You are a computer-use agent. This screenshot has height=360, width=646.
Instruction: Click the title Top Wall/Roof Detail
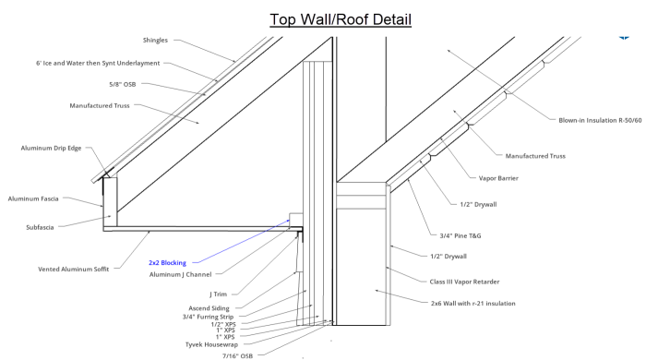pyautogui.click(x=341, y=19)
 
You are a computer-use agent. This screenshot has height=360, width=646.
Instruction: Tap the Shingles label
pyautogui.click(x=155, y=40)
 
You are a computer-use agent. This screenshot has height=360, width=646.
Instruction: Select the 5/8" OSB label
pyautogui.click(x=123, y=84)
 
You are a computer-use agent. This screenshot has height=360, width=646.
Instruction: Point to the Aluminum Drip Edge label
pyautogui.click(x=51, y=148)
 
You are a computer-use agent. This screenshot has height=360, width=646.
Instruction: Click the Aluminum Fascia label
pyautogui.click(x=33, y=198)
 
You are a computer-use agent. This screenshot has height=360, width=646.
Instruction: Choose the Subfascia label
pyautogui.click(x=40, y=227)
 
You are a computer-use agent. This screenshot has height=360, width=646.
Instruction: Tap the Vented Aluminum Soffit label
pyautogui.click(x=74, y=269)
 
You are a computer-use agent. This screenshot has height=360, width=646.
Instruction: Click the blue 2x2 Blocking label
pyautogui.click(x=167, y=262)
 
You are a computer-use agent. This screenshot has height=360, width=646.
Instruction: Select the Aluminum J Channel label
pyautogui.click(x=181, y=274)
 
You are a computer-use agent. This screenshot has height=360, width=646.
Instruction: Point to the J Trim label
pyautogui.click(x=219, y=294)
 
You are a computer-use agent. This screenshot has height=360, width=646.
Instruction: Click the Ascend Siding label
pyautogui.click(x=209, y=308)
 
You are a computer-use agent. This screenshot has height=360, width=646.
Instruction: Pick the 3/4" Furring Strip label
pyautogui.click(x=208, y=317)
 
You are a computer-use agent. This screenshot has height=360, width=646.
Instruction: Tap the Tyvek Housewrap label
pyautogui.click(x=211, y=344)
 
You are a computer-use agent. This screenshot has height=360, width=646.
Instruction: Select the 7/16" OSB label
pyautogui.click(x=238, y=355)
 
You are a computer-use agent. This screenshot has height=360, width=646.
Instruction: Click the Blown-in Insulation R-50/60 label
pyautogui.click(x=600, y=120)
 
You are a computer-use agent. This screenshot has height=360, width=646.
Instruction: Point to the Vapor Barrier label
pyautogui.click(x=498, y=178)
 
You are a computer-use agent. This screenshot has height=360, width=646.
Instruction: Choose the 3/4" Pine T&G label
pyautogui.click(x=461, y=235)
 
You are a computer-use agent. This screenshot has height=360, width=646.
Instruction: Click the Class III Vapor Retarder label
pyautogui.click(x=464, y=282)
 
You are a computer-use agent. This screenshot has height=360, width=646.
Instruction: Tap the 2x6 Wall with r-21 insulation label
pyautogui.click(x=473, y=303)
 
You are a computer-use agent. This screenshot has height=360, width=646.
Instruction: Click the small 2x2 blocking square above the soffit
pyautogui.click(x=296, y=220)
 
